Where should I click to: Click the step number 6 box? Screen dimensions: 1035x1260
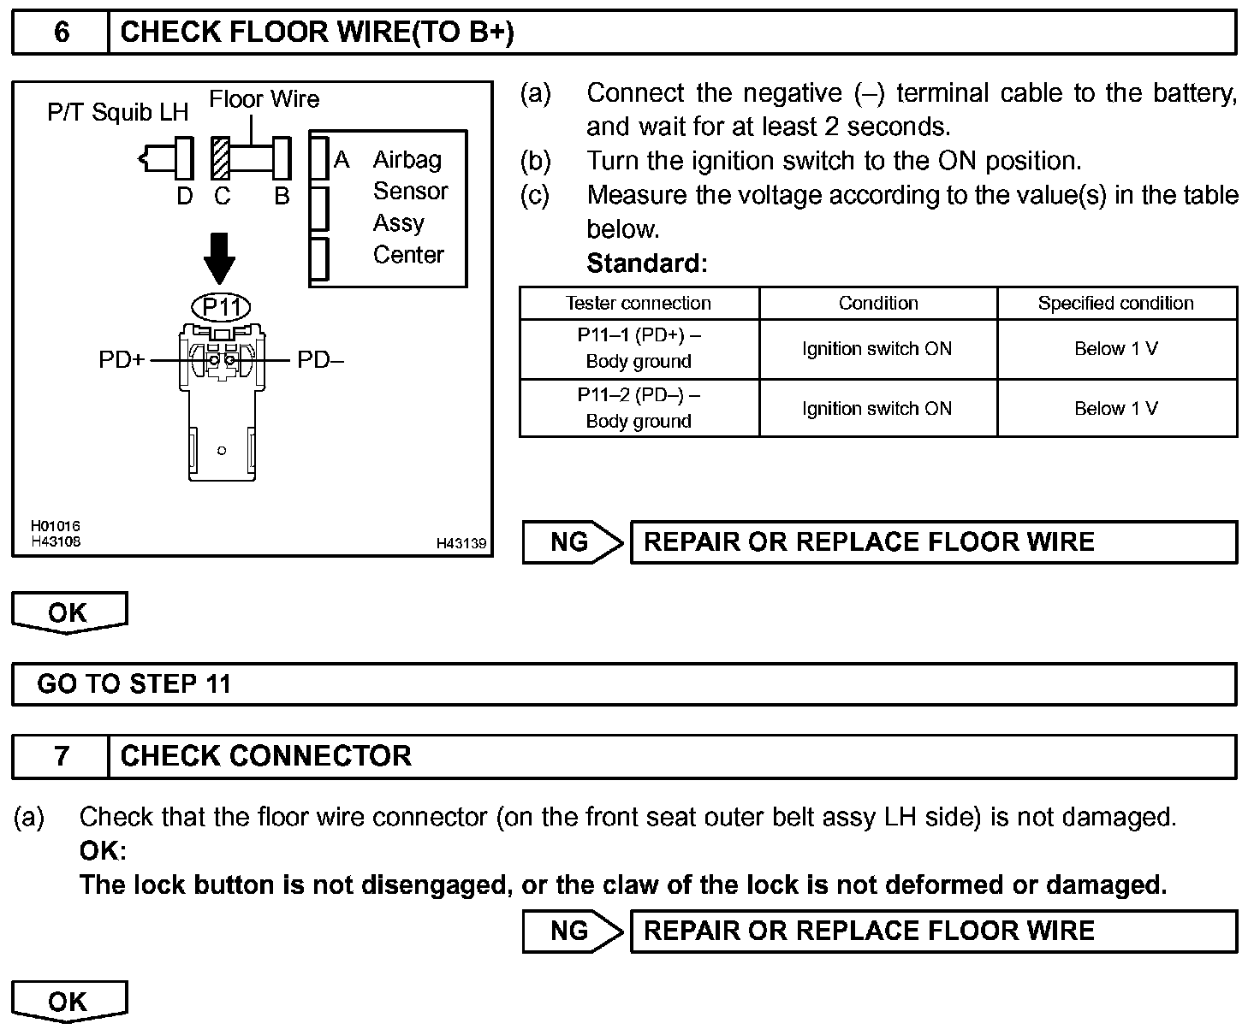[x=61, y=33]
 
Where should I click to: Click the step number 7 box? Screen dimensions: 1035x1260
[x=61, y=756]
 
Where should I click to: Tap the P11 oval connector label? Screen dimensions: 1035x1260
[x=221, y=306]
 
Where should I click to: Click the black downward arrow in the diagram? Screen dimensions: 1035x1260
[x=221, y=257]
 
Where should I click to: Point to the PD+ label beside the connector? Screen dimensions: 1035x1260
[x=122, y=360]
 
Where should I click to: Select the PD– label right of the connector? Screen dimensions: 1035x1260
[x=320, y=360]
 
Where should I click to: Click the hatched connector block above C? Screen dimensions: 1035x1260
[x=221, y=158]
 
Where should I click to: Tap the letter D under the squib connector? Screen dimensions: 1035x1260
[x=185, y=197]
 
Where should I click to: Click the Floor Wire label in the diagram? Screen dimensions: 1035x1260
[x=264, y=99]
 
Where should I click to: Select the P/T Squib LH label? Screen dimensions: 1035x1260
[x=117, y=112]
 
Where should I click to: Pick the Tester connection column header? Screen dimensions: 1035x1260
[x=639, y=303]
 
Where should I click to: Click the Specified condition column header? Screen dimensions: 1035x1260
[x=1115, y=303]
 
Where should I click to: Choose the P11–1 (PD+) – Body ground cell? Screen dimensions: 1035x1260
[x=639, y=348]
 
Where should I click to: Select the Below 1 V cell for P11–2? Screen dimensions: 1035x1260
[x=1115, y=408]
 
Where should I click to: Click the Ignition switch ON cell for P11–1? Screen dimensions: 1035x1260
[x=877, y=348]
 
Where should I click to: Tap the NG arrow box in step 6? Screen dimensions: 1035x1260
[x=572, y=542]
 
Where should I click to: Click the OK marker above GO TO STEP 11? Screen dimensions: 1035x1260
[x=68, y=612]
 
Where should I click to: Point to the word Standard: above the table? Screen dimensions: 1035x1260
[x=646, y=263]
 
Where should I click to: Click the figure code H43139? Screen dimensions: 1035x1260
[x=461, y=543]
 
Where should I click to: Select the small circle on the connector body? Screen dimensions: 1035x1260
[x=222, y=450]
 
